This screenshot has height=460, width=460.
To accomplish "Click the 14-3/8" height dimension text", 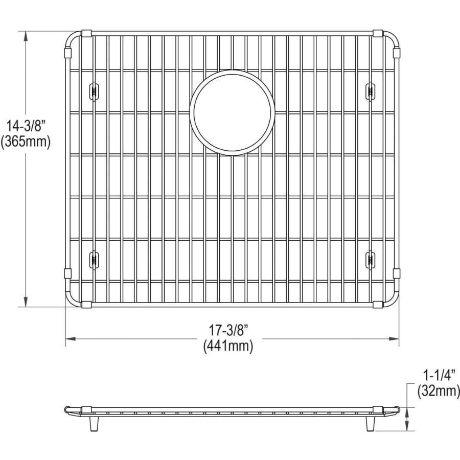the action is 26,126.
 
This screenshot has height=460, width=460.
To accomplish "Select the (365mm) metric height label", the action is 26,142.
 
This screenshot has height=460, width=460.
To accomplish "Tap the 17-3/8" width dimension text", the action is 228,331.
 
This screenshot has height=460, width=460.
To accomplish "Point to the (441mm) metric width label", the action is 228,346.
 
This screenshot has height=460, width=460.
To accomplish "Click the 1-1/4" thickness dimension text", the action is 439,376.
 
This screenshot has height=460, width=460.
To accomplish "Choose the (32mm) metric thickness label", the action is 439,391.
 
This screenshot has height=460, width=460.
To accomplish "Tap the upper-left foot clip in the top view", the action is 94,91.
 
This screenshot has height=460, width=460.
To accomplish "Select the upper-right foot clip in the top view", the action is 370,91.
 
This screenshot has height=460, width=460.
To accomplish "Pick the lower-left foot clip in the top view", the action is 94,259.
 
